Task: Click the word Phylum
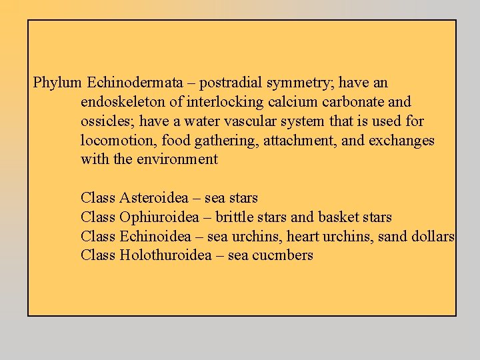(57, 83)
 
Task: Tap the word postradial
(231, 83)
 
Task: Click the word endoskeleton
(122, 103)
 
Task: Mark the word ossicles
(104, 121)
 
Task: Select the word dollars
(433, 236)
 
